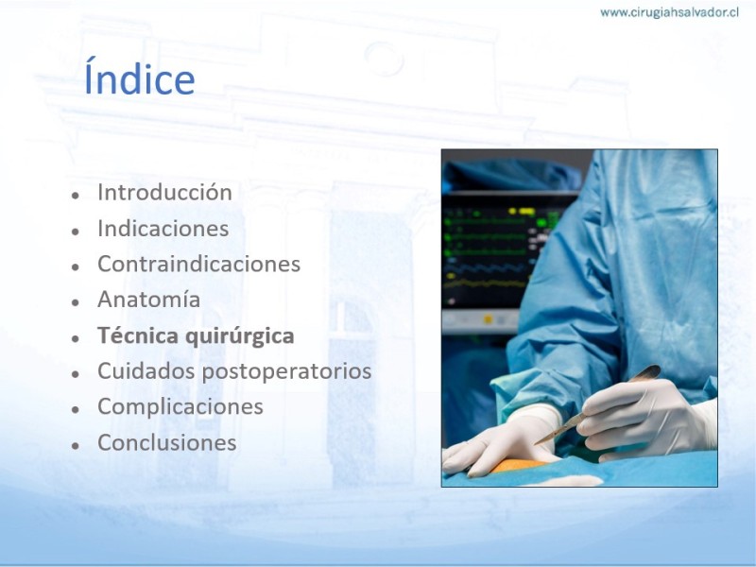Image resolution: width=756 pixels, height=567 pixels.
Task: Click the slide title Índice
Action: click(139, 77)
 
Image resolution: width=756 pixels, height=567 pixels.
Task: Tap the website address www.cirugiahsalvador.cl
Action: click(669, 12)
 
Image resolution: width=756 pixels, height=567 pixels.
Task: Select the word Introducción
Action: click(164, 192)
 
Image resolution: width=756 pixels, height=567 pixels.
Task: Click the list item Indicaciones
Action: click(163, 228)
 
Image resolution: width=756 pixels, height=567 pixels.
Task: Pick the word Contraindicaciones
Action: click(198, 264)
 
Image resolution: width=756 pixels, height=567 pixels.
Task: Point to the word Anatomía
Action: click(148, 299)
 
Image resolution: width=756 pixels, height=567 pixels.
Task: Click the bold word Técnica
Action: click(139, 335)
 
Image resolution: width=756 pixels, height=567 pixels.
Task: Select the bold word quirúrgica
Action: click(240, 336)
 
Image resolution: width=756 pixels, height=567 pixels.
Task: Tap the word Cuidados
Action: click(146, 370)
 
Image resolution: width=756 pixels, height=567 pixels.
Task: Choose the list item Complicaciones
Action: click(180, 407)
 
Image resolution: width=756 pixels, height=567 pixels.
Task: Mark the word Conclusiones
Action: click(167, 442)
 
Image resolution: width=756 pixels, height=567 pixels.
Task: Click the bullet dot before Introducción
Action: click(76, 196)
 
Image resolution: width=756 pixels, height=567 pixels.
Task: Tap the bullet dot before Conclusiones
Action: click(76, 446)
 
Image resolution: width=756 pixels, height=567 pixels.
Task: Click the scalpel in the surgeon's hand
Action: click(598, 404)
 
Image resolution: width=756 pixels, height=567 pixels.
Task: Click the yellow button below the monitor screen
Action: click(488, 319)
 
